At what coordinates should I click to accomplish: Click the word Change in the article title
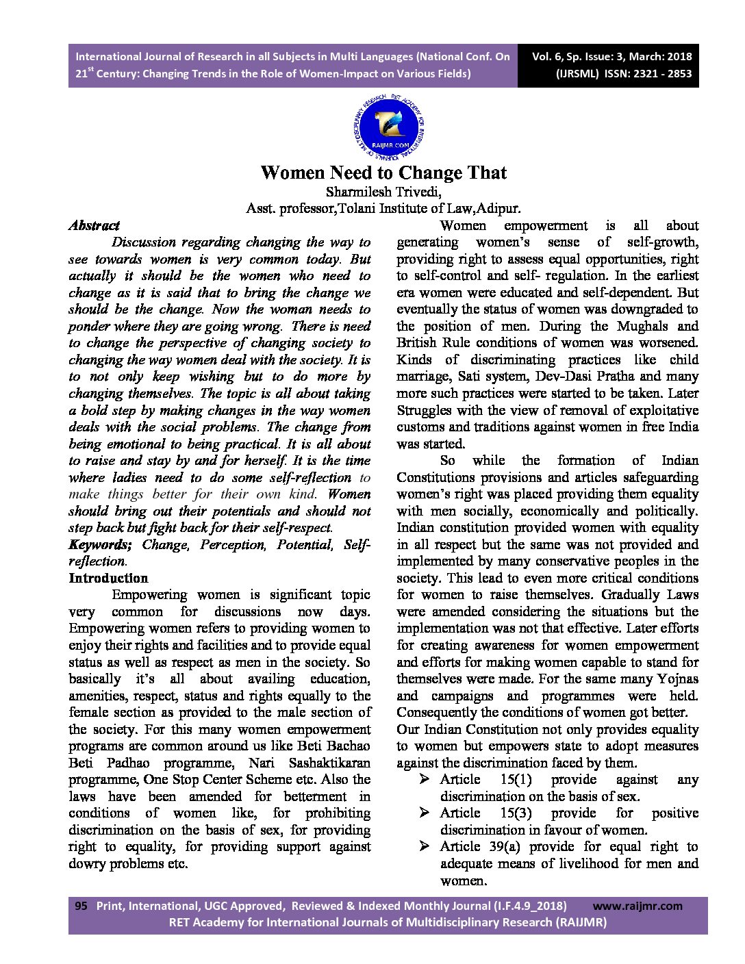[431, 172]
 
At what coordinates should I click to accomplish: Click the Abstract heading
[94, 225]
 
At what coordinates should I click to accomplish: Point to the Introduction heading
[108, 578]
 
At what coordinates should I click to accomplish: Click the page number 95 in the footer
[81, 906]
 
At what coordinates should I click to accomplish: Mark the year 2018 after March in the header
[677, 57]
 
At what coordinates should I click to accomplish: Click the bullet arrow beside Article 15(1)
[425, 779]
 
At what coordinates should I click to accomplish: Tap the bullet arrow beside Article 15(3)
[425, 813]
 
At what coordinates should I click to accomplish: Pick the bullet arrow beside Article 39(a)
[425, 846]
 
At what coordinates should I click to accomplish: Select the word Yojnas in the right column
[678, 678]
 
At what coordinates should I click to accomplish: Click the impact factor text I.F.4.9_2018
[530, 906]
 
